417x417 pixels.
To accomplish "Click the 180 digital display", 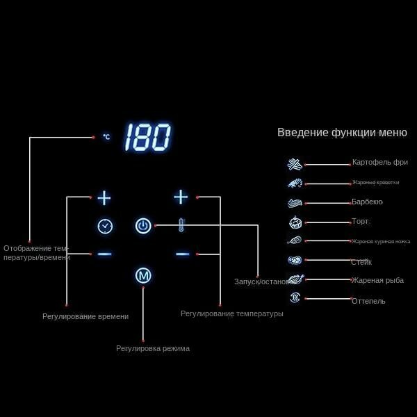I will [x=147, y=138].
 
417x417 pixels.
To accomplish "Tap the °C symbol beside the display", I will [x=106, y=137].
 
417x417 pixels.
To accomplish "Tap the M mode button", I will [x=143, y=275].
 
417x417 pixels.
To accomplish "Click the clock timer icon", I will [x=105, y=226].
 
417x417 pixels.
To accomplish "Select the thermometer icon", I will [x=181, y=225].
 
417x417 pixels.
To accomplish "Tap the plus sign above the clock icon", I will [x=104, y=198].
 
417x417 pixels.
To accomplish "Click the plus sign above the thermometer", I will [x=181, y=197].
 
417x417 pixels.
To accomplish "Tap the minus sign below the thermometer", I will [x=182, y=254].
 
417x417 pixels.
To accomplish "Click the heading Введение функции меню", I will [x=342, y=133].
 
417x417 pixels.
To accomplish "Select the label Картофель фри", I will [x=379, y=163].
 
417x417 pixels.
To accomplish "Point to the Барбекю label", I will [x=367, y=202].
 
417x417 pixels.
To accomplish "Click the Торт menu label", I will [x=360, y=222].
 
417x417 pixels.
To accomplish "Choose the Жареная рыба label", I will [x=377, y=280].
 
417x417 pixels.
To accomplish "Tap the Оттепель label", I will [x=368, y=301].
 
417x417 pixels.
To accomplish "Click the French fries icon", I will [x=295, y=165].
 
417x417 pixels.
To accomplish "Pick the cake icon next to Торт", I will [x=295, y=223].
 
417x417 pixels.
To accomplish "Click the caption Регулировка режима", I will [x=153, y=348].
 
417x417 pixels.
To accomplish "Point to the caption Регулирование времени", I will [x=85, y=316].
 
